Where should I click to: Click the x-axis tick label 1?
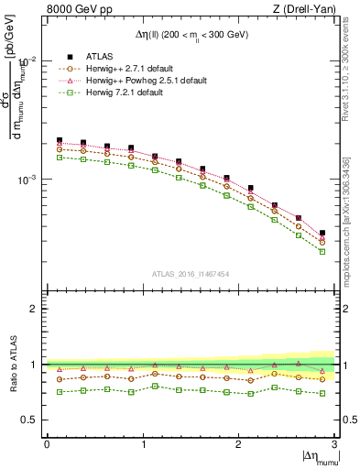click(x=142, y=443)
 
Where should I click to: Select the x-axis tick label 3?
click(x=333, y=443)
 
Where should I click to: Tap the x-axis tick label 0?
click(x=47, y=443)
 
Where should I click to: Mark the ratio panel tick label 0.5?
click(x=33, y=420)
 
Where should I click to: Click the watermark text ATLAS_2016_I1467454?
click(x=191, y=274)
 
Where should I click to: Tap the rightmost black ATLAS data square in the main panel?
click(x=322, y=234)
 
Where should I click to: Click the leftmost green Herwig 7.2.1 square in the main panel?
click(x=60, y=158)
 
